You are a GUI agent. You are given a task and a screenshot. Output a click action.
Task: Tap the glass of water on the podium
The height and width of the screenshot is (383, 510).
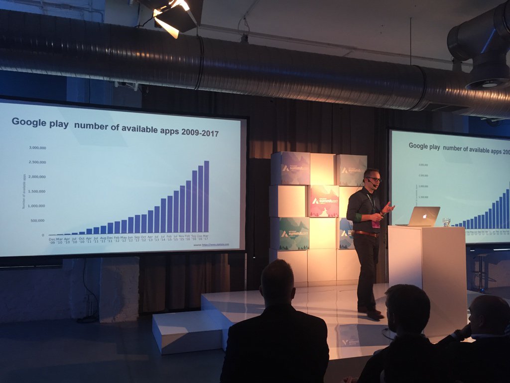(446, 222)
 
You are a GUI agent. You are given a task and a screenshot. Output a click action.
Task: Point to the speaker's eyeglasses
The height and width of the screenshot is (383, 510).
(374, 179)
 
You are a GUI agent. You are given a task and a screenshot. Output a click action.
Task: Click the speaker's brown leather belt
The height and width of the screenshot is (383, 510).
(366, 233)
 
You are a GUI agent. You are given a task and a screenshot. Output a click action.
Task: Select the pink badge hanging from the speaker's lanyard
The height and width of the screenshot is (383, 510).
(376, 224)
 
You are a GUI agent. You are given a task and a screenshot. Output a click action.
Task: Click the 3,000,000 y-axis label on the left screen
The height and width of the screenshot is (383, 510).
(37, 148)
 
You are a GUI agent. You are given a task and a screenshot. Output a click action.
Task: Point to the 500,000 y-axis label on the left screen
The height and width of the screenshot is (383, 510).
(37, 220)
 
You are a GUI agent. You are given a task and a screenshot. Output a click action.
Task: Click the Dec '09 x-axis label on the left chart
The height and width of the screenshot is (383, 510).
(52, 241)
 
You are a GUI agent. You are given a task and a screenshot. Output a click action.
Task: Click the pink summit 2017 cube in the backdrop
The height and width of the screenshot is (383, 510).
(324, 201)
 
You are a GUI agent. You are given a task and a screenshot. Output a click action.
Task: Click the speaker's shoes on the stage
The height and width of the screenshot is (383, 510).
(371, 312)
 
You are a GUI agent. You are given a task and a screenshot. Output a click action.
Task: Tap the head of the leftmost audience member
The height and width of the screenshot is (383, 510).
(278, 282)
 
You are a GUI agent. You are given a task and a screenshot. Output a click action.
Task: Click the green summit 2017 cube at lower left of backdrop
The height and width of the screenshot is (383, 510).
(294, 233)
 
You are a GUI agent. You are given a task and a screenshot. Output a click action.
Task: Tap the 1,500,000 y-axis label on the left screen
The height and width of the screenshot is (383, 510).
(37, 191)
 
